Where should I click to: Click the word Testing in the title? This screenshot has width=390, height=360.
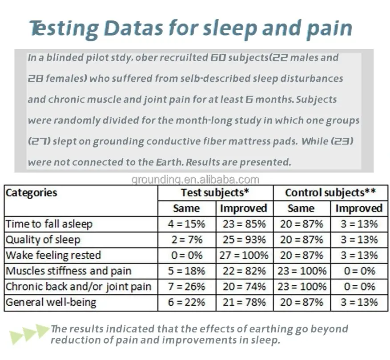(x=64, y=28)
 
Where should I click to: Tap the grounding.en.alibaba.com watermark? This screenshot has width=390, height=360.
(x=195, y=180)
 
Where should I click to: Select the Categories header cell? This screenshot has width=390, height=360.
(x=32, y=193)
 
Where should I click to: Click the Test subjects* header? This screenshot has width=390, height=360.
(x=215, y=193)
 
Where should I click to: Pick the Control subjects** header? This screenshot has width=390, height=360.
(x=330, y=193)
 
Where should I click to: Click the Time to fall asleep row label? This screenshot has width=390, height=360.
(x=49, y=224)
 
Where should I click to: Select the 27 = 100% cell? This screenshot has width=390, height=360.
(x=244, y=256)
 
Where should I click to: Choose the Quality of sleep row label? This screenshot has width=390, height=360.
(x=43, y=240)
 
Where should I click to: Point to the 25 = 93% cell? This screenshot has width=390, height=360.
(x=244, y=240)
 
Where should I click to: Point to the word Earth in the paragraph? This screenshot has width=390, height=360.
(x=169, y=162)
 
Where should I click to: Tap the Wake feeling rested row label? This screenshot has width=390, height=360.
(x=53, y=256)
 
